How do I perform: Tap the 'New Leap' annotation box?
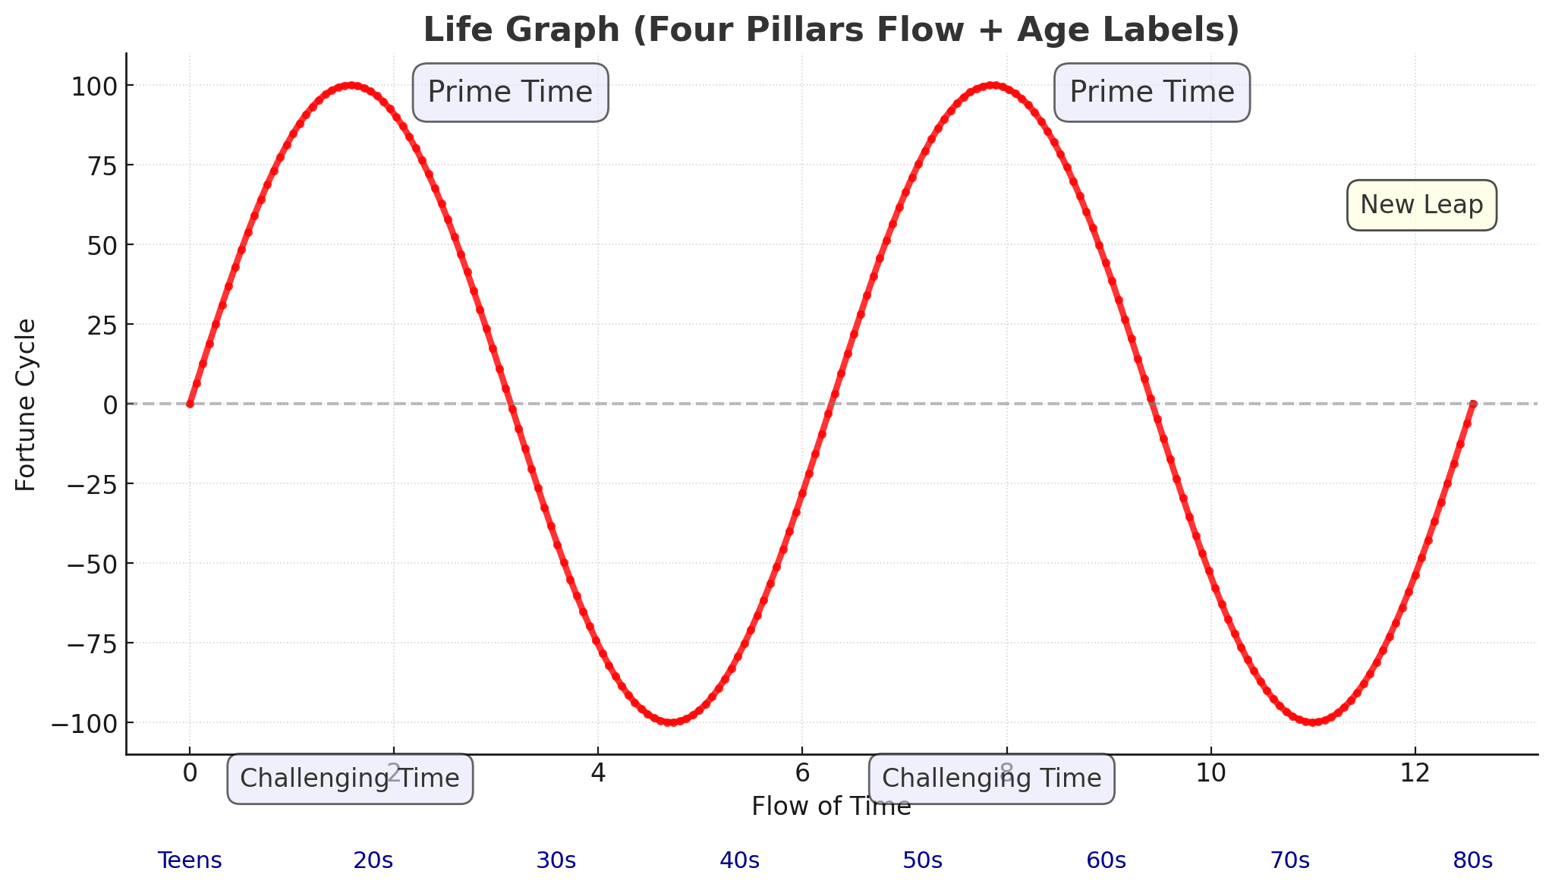point(1421,205)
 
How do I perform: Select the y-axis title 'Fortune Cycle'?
point(27,404)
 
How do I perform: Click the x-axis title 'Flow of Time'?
point(831,807)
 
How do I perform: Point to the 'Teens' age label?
point(190,860)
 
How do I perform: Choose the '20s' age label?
point(373,860)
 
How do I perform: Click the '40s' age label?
point(739,860)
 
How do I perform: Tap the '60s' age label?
point(1106,860)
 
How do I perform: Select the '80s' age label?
point(1472,860)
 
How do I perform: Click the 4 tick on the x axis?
point(598,773)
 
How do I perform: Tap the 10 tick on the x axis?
point(1210,773)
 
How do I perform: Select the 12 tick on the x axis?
point(1415,773)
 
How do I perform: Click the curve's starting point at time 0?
point(190,404)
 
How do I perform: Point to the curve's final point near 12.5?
point(1472,404)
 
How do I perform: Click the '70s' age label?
point(1289,860)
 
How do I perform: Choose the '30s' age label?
point(556,860)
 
